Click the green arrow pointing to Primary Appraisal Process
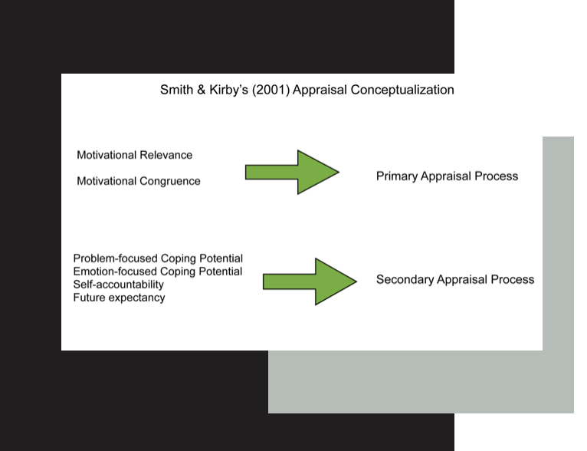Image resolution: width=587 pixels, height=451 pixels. tap(292, 172)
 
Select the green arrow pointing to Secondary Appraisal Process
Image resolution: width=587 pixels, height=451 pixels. tap(310, 281)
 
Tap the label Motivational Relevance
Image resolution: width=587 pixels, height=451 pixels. tap(135, 155)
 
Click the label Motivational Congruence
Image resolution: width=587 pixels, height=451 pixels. tap(139, 181)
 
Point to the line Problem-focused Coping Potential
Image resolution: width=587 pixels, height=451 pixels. tap(158, 258)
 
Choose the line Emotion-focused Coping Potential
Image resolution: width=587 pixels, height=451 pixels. tap(158, 272)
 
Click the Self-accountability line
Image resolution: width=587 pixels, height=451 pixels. tap(119, 285)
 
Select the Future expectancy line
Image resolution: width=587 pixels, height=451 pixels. tap(119, 298)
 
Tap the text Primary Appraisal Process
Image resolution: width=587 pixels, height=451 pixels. tap(447, 176)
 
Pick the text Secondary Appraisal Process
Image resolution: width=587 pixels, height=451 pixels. tap(455, 280)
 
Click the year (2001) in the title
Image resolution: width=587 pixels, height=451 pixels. tap(276, 90)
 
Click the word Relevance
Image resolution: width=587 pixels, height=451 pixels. tap(166, 155)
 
